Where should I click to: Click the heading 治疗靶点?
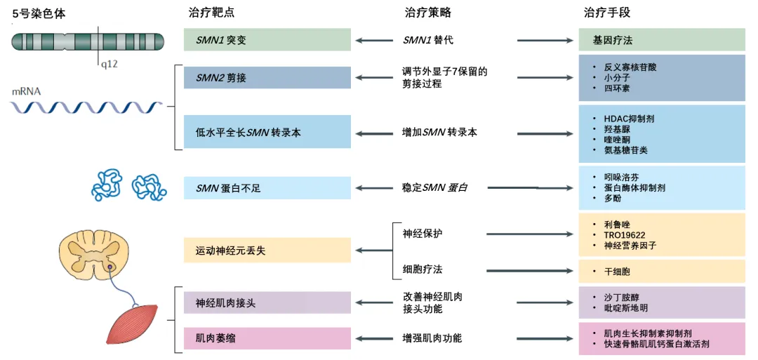pyautogui.click(x=211, y=13)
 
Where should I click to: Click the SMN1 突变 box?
pyautogui.click(x=267, y=40)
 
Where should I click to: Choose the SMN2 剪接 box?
pyautogui.click(x=267, y=78)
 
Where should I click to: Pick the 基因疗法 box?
pyautogui.click(x=661, y=40)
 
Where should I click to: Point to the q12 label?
pyautogui.click(x=109, y=64)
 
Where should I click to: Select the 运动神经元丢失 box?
pyautogui.click(x=267, y=250)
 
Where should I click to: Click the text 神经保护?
pyautogui.click(x=423, y=234)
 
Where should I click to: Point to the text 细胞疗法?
pyautogui.click(x=423, y=270)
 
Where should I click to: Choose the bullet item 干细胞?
pyautogui.click(x=618, y=271)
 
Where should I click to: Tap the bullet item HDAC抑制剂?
pyautogui.click(x=629, y=119)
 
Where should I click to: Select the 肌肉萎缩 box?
pyautogui.click(x=267, y=338)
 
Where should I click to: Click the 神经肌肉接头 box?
pyautogui.click(x=267, y=302)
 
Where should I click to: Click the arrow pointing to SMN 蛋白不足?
pyautogui.click(x=375, y=188)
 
